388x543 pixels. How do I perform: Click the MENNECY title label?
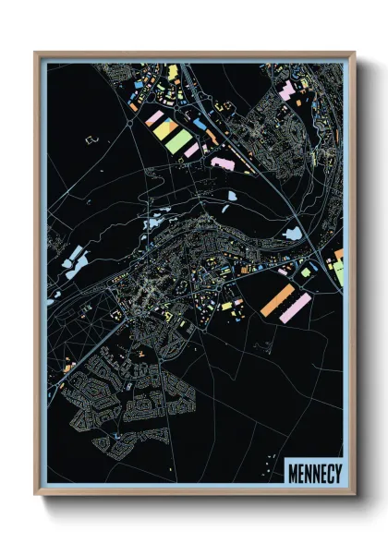point(314,474)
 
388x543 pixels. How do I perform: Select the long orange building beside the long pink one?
point(276,300)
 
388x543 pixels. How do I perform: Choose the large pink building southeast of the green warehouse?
point(223,163)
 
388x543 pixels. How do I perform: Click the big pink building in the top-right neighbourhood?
point(287,90)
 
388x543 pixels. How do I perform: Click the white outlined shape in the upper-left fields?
point(91,139)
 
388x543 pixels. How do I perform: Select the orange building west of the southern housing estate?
point(68,367)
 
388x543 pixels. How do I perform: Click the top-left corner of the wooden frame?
point(35,53)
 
